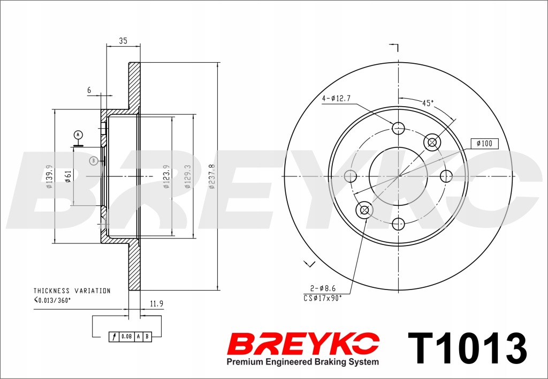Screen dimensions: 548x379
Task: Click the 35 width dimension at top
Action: tap(123, 41)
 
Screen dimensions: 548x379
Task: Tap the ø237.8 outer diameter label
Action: tap(212, 176)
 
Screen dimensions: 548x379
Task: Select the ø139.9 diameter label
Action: tap(49, 176)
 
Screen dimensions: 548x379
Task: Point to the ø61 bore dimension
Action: tap(68, 176)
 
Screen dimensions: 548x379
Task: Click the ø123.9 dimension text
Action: tap(166, 176)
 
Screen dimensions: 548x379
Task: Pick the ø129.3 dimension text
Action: tap(188, 176)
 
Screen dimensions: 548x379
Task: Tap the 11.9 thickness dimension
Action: tap(157, 304)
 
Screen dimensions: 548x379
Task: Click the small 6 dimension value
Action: tap(89, 90)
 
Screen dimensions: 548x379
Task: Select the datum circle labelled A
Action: tap(78, 135)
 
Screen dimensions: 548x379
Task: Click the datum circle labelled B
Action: tap(93, 161)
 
